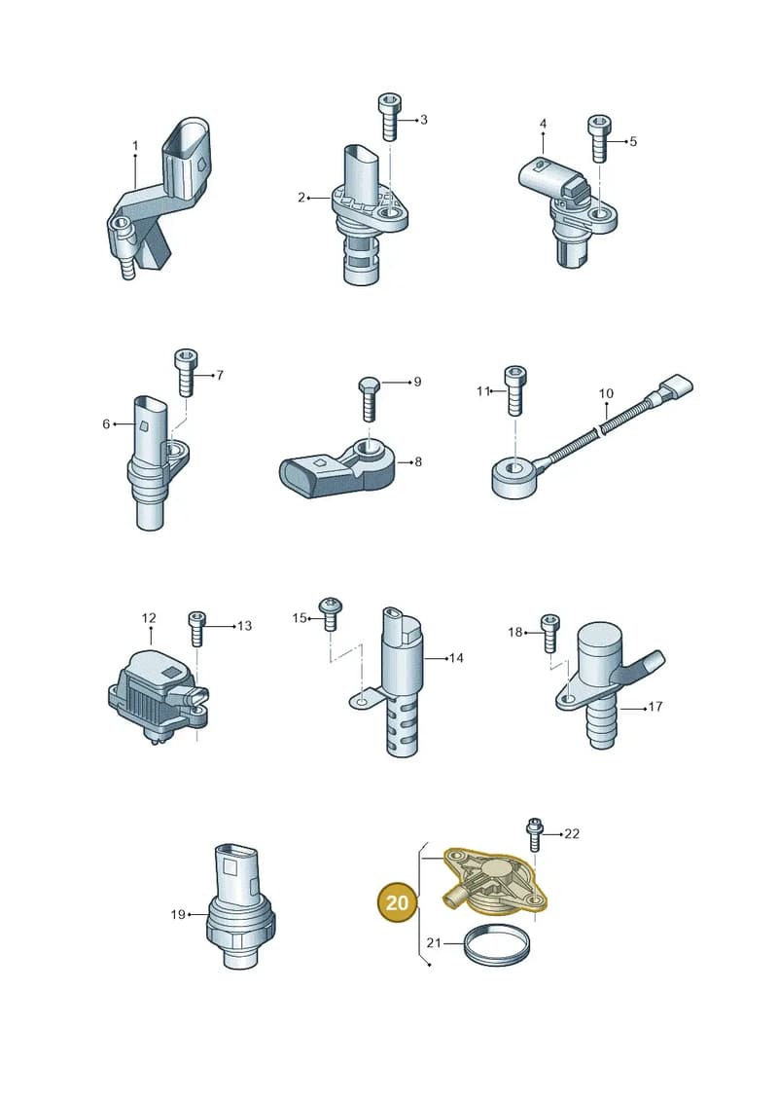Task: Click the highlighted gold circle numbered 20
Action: click(x=397, y=900)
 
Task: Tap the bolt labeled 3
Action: click(x=388, y=117)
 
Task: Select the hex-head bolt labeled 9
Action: click(x=369, y=398)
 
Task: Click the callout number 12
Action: click(x=149, y=618)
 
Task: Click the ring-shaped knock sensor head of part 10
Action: click(x=515, y=477)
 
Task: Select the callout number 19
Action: click(x=178, y=914)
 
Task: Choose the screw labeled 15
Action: click(x=330, y=613)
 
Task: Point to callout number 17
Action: click(x=654, y=707)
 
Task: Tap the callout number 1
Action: click(x=135, y=146)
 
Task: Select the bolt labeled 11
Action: click(x=514, y=390)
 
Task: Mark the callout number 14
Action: click(x=456, y=658)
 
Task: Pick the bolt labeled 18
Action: click(x=550, y=633)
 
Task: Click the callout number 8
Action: click(x=418, y=461)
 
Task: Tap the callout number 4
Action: click(x=543, y=124)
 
